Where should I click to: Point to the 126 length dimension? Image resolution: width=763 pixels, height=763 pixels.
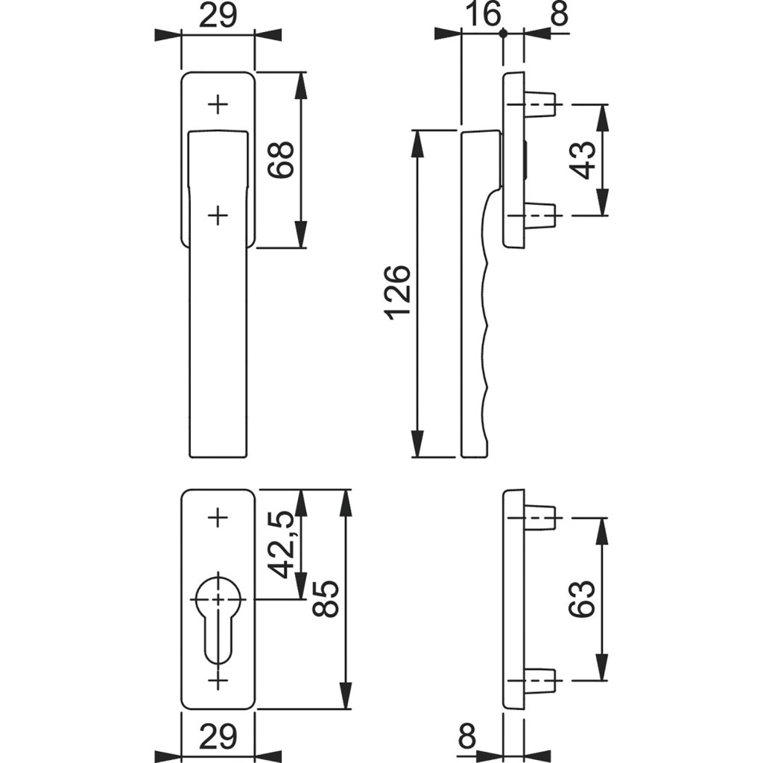point(397,292)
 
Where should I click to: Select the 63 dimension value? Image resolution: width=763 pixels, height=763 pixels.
point(582,598)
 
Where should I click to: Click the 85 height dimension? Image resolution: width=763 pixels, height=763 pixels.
point(328,599)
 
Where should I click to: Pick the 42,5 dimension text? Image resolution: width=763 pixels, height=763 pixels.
point(281,545)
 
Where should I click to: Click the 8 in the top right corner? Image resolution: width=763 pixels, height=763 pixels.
point(559,14)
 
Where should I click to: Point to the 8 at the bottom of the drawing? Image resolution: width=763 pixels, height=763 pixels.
point(466,737)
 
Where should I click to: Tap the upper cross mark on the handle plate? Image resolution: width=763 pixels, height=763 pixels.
point(218,104)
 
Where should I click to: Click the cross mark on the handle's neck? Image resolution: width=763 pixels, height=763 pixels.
point(217,215)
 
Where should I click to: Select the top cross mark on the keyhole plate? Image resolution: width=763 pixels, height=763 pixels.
point(218,516)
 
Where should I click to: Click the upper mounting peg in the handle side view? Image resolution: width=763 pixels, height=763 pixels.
point(540,104)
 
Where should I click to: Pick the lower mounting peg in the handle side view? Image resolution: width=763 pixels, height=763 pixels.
point(540,216)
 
